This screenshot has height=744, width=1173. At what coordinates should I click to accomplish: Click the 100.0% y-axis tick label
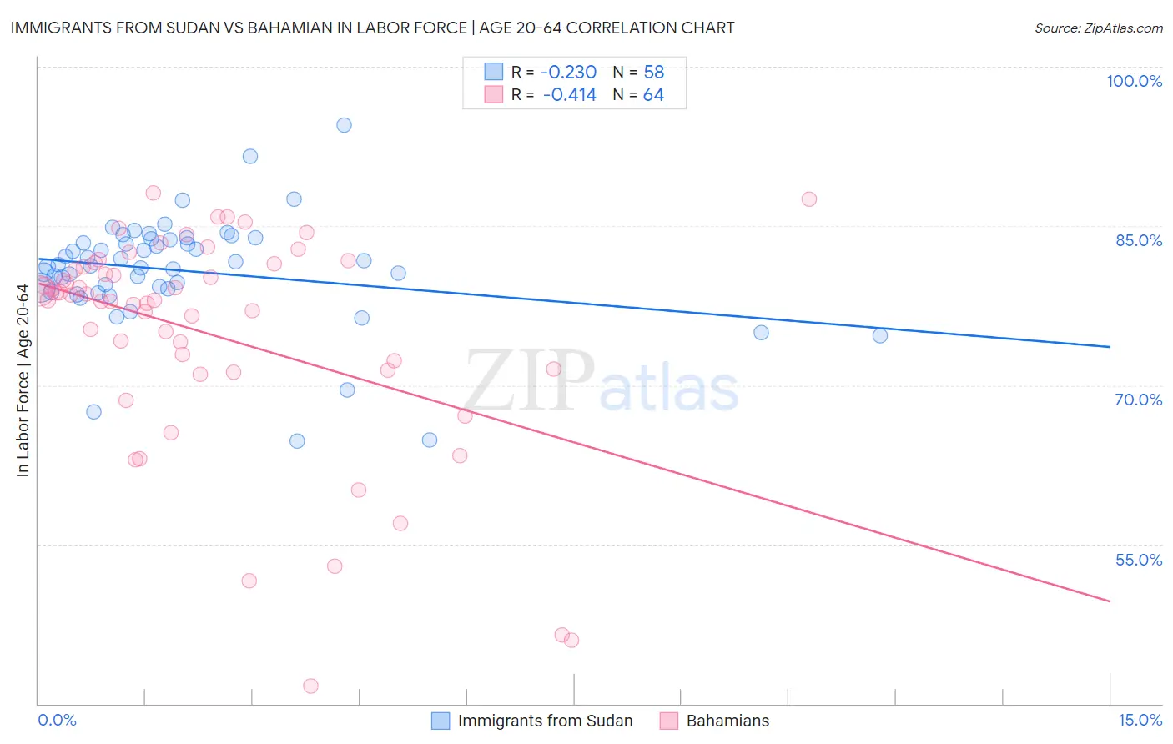pyautogui.click(x=1134, y=81)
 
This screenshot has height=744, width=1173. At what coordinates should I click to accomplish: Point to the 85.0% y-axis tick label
pyautogui.click(x=1139, y=240)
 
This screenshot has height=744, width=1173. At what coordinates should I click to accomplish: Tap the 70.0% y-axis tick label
pyautogui.click(x=1139, y=400)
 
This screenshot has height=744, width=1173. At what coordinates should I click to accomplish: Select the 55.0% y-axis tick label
pyautogui.click(x=1139, y=560)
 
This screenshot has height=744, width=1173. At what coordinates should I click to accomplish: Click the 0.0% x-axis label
pyautogui.click(x=57, y=720)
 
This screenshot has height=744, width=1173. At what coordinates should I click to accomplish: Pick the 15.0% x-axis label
pyautogui.click(x=1140, y=720)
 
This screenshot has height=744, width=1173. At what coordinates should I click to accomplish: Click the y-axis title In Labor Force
pyautogui.click(x=23, y=380)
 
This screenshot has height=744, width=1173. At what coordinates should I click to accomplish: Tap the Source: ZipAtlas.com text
pyautogui.click(x=1098, y=28)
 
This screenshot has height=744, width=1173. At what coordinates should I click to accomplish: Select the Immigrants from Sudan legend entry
pyautogui.click(x=545, y=721)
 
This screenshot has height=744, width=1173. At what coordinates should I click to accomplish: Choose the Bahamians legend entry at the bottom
pyautogui.click(x=727, y=721)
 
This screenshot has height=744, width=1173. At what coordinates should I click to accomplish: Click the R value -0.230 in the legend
pyautogui.click(x=568, y=72)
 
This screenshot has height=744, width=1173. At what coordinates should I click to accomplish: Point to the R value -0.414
pyautogui.click(x=569, y=95)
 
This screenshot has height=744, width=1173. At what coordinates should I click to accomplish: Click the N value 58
pyautogui.click(x=653, y=72)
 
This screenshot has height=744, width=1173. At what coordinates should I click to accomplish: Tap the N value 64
pyautogui.click(x=653, y=95)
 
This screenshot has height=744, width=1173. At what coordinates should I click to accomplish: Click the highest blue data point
pyautogui.click(x=344, y=125)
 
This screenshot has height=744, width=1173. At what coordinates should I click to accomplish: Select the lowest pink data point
pyautogui.click(x=310, y=686)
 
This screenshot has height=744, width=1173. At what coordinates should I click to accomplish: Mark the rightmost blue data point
pyautogui.click(x=880, y=335)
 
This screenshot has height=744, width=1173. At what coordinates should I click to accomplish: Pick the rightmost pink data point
pyautogui.click(x=808, y=199)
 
